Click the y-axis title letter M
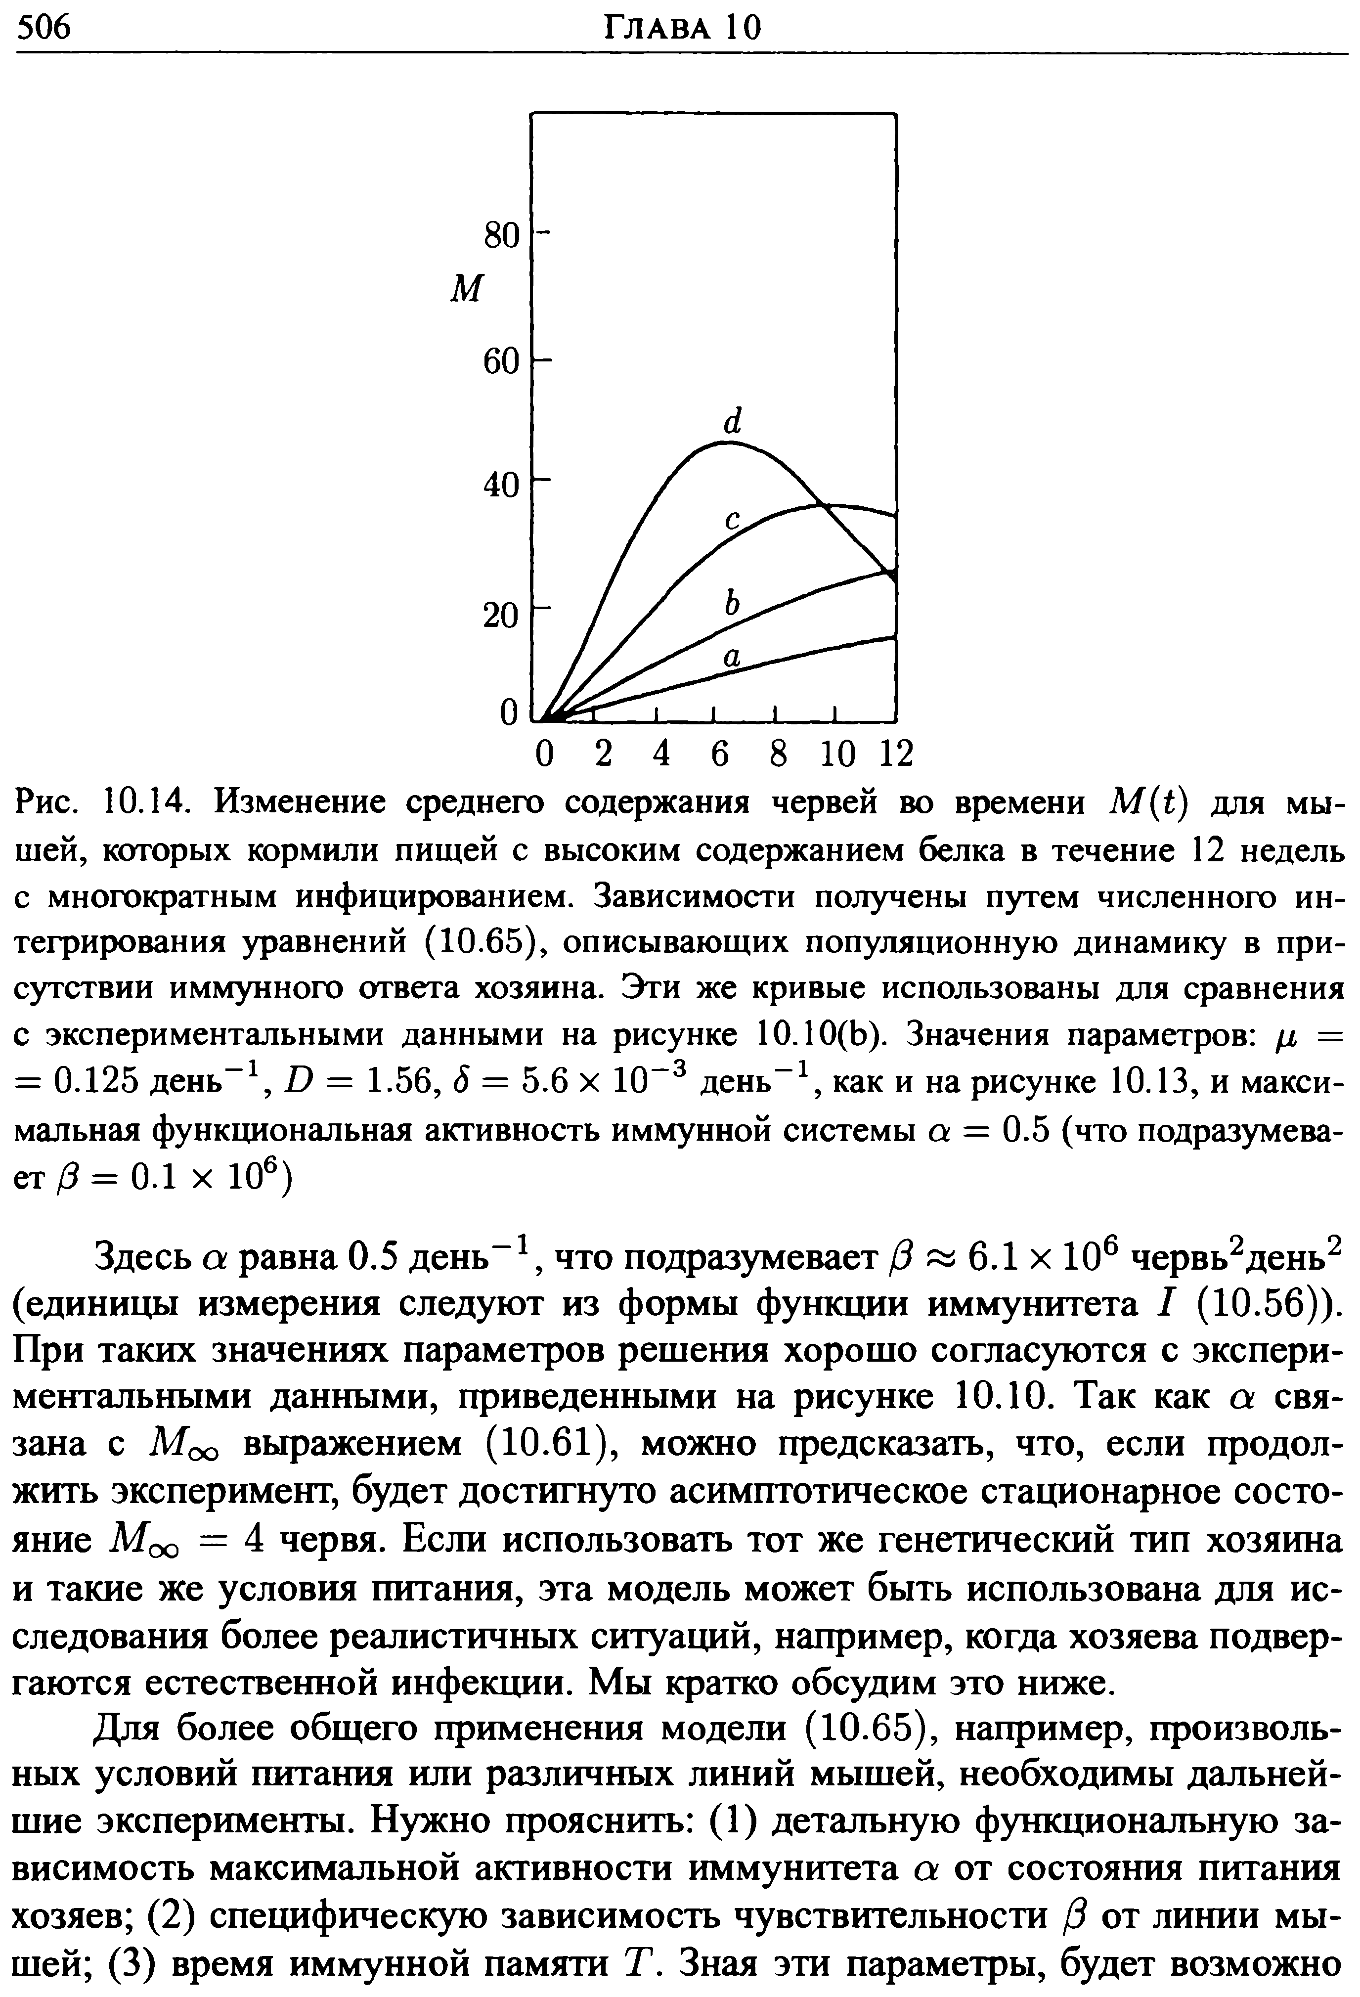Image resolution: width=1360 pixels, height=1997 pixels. click(x=467, y=290)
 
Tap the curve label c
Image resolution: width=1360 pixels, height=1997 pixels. click(x=732, y=519)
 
